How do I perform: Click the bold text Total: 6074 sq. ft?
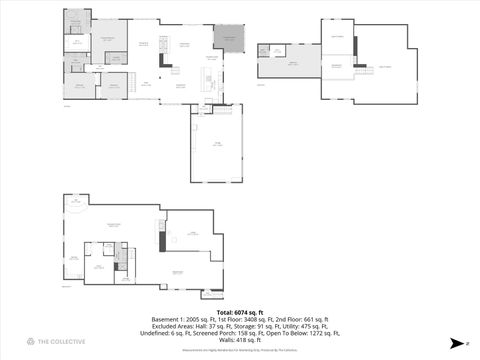239,312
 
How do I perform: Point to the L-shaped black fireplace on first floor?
166,56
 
